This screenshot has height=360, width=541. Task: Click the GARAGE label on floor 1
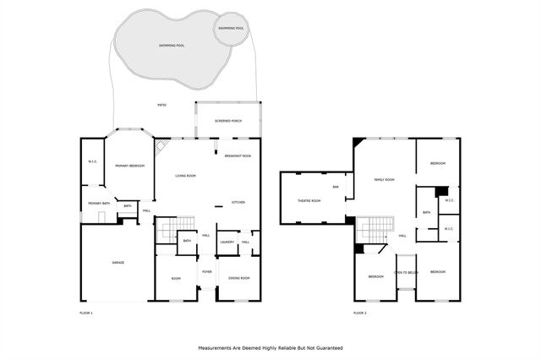(x=118, y=263)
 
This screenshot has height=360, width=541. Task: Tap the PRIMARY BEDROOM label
(x=127, y=166)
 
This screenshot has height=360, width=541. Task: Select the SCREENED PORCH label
(x=228, y=121)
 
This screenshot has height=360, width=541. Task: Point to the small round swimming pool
(x=232, y=28)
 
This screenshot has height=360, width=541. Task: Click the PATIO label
(x=161, y=105)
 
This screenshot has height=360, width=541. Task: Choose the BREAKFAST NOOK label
(x=238, y=155)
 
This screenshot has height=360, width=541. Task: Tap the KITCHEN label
(x=238, y=203)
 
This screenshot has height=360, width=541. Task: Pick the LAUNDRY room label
(x=227, y=243)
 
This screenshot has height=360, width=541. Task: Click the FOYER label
(x=206, y=271)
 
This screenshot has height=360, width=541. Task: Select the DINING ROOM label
(x=238, y=278)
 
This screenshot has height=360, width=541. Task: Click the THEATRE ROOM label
(x=310, y=200)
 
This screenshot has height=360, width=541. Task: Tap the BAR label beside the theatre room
(x=336, y=186)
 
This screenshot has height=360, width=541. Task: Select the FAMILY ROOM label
(x=385, y=179)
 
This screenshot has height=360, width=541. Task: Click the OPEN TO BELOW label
(x=407, y=273)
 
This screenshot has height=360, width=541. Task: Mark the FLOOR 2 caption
(x=360, y=313)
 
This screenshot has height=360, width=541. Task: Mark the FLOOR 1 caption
(x=85, y=313)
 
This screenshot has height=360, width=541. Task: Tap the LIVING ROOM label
(x=185, y=176)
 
